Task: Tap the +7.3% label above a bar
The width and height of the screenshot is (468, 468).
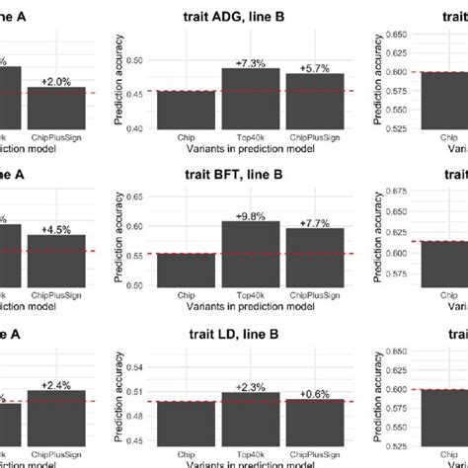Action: (x=251, y=62)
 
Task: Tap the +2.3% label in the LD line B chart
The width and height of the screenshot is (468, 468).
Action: (x=251, y=386)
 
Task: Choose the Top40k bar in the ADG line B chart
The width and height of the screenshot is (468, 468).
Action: (x=251, y=99)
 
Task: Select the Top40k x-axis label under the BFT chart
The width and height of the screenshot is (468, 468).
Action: (x=251, y=294)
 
